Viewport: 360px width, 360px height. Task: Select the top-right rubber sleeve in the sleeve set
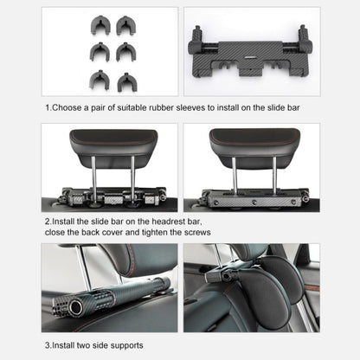tap(127, 28)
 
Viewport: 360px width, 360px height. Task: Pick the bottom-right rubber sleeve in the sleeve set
tap(127, 80)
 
